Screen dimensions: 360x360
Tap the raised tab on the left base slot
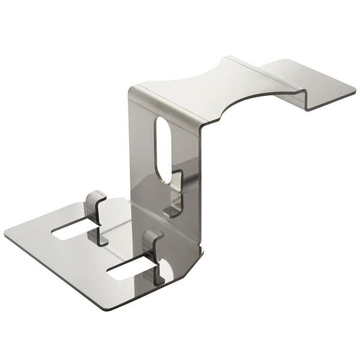(x=95, y=203)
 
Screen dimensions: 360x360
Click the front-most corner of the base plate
(x=110, y=308)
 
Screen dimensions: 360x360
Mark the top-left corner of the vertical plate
(x=131, y=90)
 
